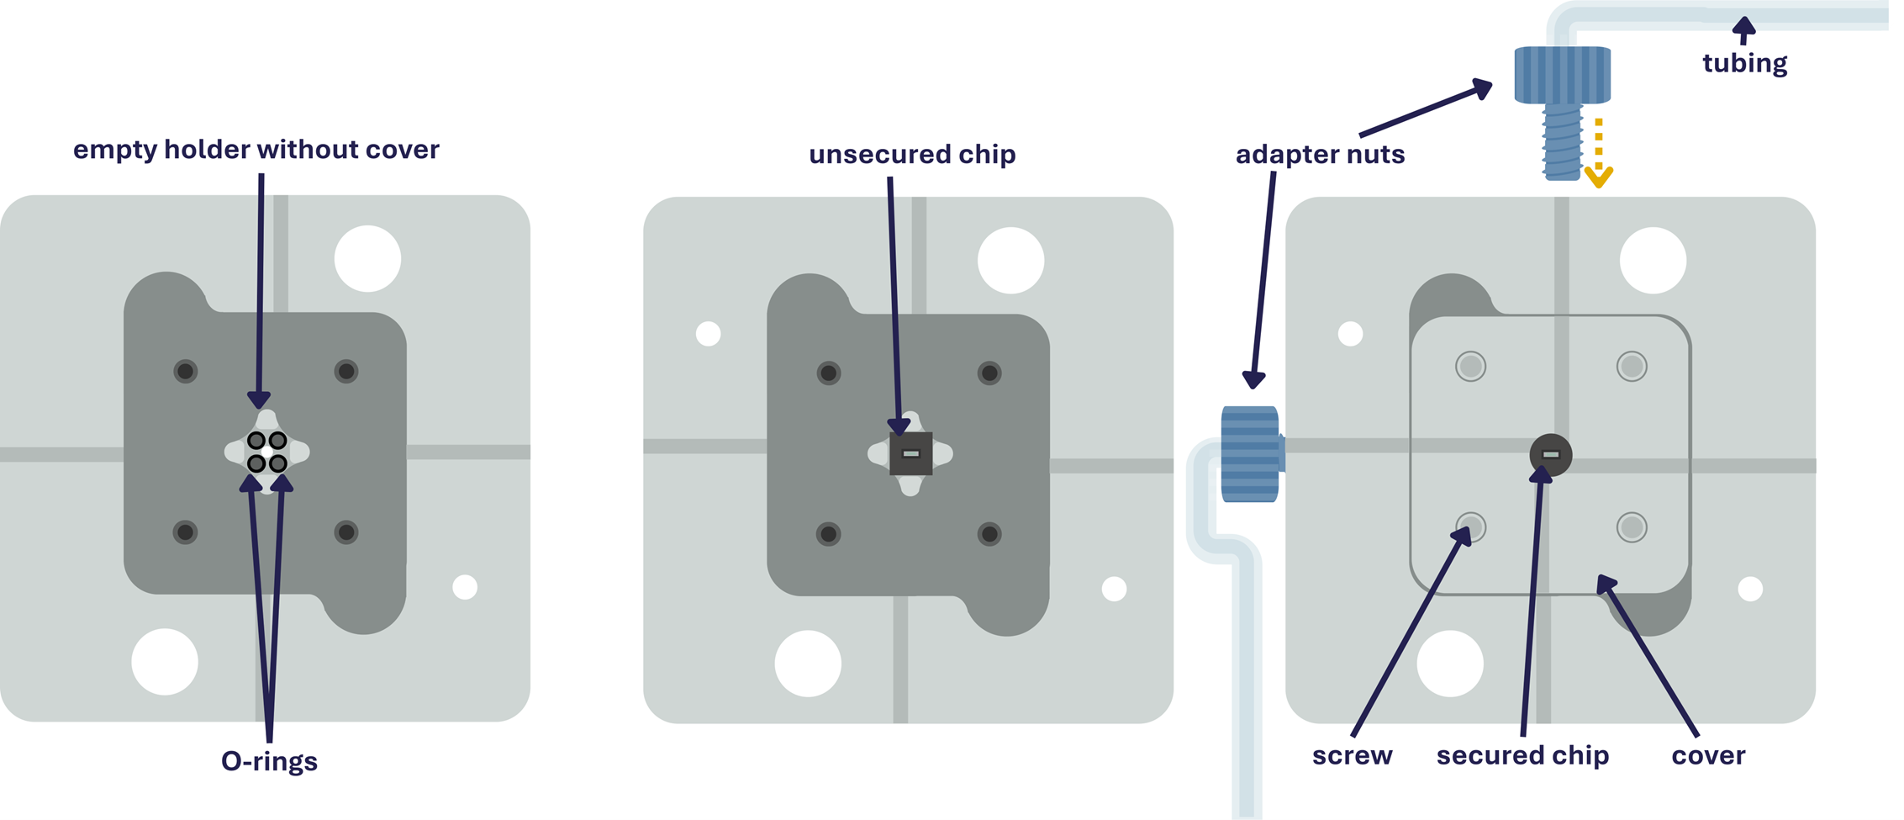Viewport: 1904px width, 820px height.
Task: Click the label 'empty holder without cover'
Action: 256,150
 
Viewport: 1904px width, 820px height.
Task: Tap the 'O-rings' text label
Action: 269,761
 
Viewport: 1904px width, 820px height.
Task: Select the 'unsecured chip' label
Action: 912,155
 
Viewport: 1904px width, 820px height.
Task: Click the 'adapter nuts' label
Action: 1320,155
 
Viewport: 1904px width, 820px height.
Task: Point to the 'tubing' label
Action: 1744,63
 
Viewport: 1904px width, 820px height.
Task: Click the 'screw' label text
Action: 1352,755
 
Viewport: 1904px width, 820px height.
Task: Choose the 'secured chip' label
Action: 1522,755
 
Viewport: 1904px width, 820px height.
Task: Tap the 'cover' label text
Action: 1708,755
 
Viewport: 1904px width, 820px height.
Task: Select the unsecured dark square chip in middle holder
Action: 910,454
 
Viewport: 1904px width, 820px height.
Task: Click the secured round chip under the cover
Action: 1551,455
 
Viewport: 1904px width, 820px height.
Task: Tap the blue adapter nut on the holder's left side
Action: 1250,454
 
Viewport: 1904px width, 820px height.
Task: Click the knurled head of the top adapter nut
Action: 1562,75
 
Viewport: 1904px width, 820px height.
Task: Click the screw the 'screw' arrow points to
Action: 1470,528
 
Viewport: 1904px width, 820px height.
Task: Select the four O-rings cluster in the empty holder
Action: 267,452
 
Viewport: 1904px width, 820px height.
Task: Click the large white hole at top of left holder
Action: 367,259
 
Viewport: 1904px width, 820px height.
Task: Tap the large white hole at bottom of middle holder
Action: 808,664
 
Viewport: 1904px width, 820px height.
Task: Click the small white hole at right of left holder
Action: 465,587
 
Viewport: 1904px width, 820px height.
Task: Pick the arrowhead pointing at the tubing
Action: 1744,29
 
